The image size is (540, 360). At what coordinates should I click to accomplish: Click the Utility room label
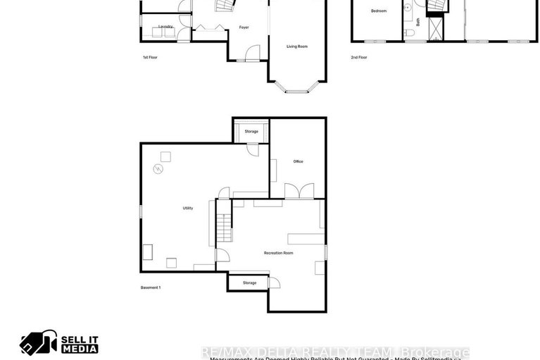tap(188, 209)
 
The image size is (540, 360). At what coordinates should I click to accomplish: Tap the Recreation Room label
tap(278, 253)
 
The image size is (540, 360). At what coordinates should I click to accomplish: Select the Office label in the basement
tap(298, 162)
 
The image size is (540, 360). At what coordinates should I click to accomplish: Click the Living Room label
tap(296, 46)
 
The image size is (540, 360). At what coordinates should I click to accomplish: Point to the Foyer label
tap(244, 27)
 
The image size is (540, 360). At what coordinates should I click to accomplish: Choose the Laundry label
tap(165, 27)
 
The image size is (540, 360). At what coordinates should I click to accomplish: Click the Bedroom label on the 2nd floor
tap(379, 11)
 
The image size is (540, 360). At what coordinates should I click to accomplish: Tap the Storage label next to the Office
tap(251, 132)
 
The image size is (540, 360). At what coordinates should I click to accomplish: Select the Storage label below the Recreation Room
tap(249, 283)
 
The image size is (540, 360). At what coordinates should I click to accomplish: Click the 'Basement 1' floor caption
tap(151, 287)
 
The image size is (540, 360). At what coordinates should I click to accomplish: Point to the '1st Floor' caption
tap(149, 57)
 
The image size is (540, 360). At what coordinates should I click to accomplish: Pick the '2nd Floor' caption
tap(359, 57)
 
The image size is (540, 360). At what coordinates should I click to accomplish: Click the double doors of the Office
tap(299, 192)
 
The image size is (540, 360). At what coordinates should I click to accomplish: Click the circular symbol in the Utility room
tap(159, 169)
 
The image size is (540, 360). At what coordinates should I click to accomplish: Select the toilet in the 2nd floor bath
tap(409, 32)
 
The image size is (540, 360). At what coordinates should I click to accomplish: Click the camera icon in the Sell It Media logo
tap(38, 343)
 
